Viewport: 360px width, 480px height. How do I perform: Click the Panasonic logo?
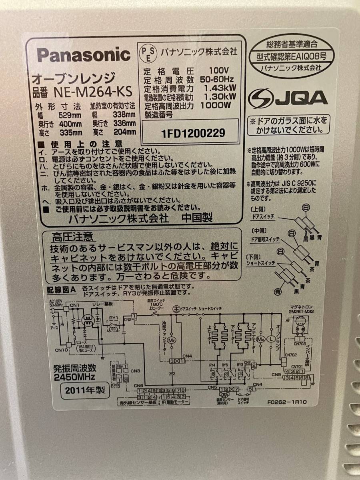[84, 55]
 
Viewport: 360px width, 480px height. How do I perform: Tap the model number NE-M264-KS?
[93, 92]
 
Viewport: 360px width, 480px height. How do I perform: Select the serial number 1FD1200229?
[193, 132]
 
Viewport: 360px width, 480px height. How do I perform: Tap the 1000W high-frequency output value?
[216, 106]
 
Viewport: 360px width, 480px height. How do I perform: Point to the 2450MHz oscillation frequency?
[74, 376]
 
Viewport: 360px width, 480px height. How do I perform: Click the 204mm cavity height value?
[126, 132]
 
